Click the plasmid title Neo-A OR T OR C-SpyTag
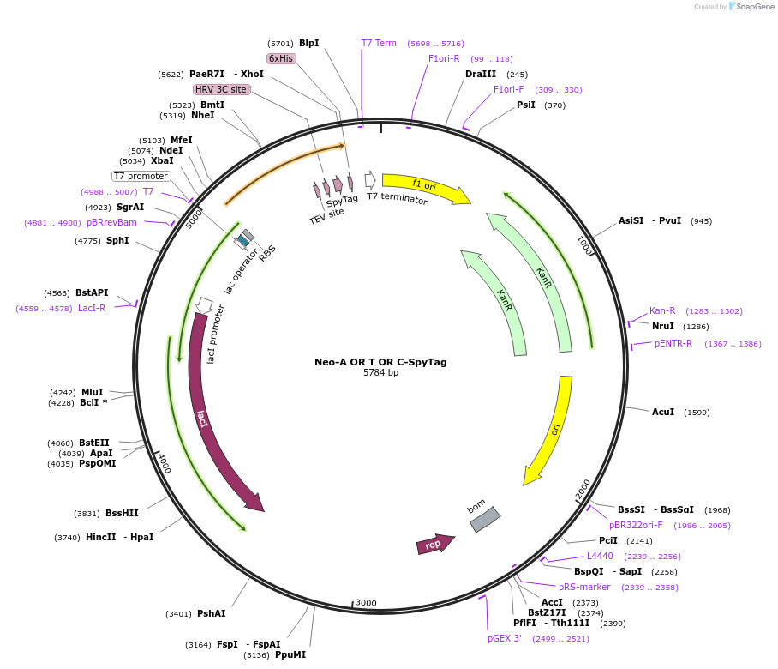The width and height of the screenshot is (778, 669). coord(380,362)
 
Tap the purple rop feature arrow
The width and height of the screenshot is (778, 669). coord(434,544)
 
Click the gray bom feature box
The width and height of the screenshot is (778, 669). coord(483,518)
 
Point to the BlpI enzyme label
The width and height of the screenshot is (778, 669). coord(308,43)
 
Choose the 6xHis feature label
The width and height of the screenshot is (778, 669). coord(281,58)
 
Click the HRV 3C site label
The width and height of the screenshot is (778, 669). coord(221,89)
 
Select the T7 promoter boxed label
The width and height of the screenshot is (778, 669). coord(141,176)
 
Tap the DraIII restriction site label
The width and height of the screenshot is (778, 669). coord(481,74)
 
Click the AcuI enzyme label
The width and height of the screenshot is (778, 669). coord(663,413)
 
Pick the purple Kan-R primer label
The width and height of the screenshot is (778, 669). coord(662,310)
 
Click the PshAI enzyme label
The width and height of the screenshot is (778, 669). coord(212,613)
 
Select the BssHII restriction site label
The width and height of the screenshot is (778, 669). coord(122,513)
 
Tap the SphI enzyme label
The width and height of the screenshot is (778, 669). coord(117,241)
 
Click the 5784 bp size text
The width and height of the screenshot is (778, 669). coord(380,373)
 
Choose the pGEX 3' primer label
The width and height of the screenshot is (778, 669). coord(505,638)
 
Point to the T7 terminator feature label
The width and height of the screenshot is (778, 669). coord(397,198)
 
